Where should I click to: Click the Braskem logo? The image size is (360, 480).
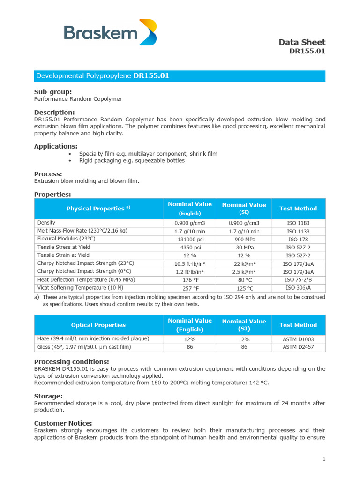click(x=110, y=33)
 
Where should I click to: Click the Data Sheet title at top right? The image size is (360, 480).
click(x=302, y=42)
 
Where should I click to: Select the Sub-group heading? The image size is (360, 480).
click(x=53, y=92)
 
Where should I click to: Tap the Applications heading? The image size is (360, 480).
click(x=56, y=146)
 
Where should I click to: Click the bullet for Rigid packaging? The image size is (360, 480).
click(x=70, y=161)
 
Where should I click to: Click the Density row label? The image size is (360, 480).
click(x=46, y=223)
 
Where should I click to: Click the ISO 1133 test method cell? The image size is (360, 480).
click(x=298, y=232)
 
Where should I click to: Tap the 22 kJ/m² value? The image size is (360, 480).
click(x=244, y=264)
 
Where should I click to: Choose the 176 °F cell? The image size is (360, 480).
click(x=189, y=280)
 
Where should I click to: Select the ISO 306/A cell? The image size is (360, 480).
click(x=298, y=288)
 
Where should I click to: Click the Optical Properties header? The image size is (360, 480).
click(x=98, y=325)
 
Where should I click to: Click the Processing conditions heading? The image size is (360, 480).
click(x=71, y=361)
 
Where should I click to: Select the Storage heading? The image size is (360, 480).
click(x=48, y=396)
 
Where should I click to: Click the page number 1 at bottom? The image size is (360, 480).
click(x=323, y=459)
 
